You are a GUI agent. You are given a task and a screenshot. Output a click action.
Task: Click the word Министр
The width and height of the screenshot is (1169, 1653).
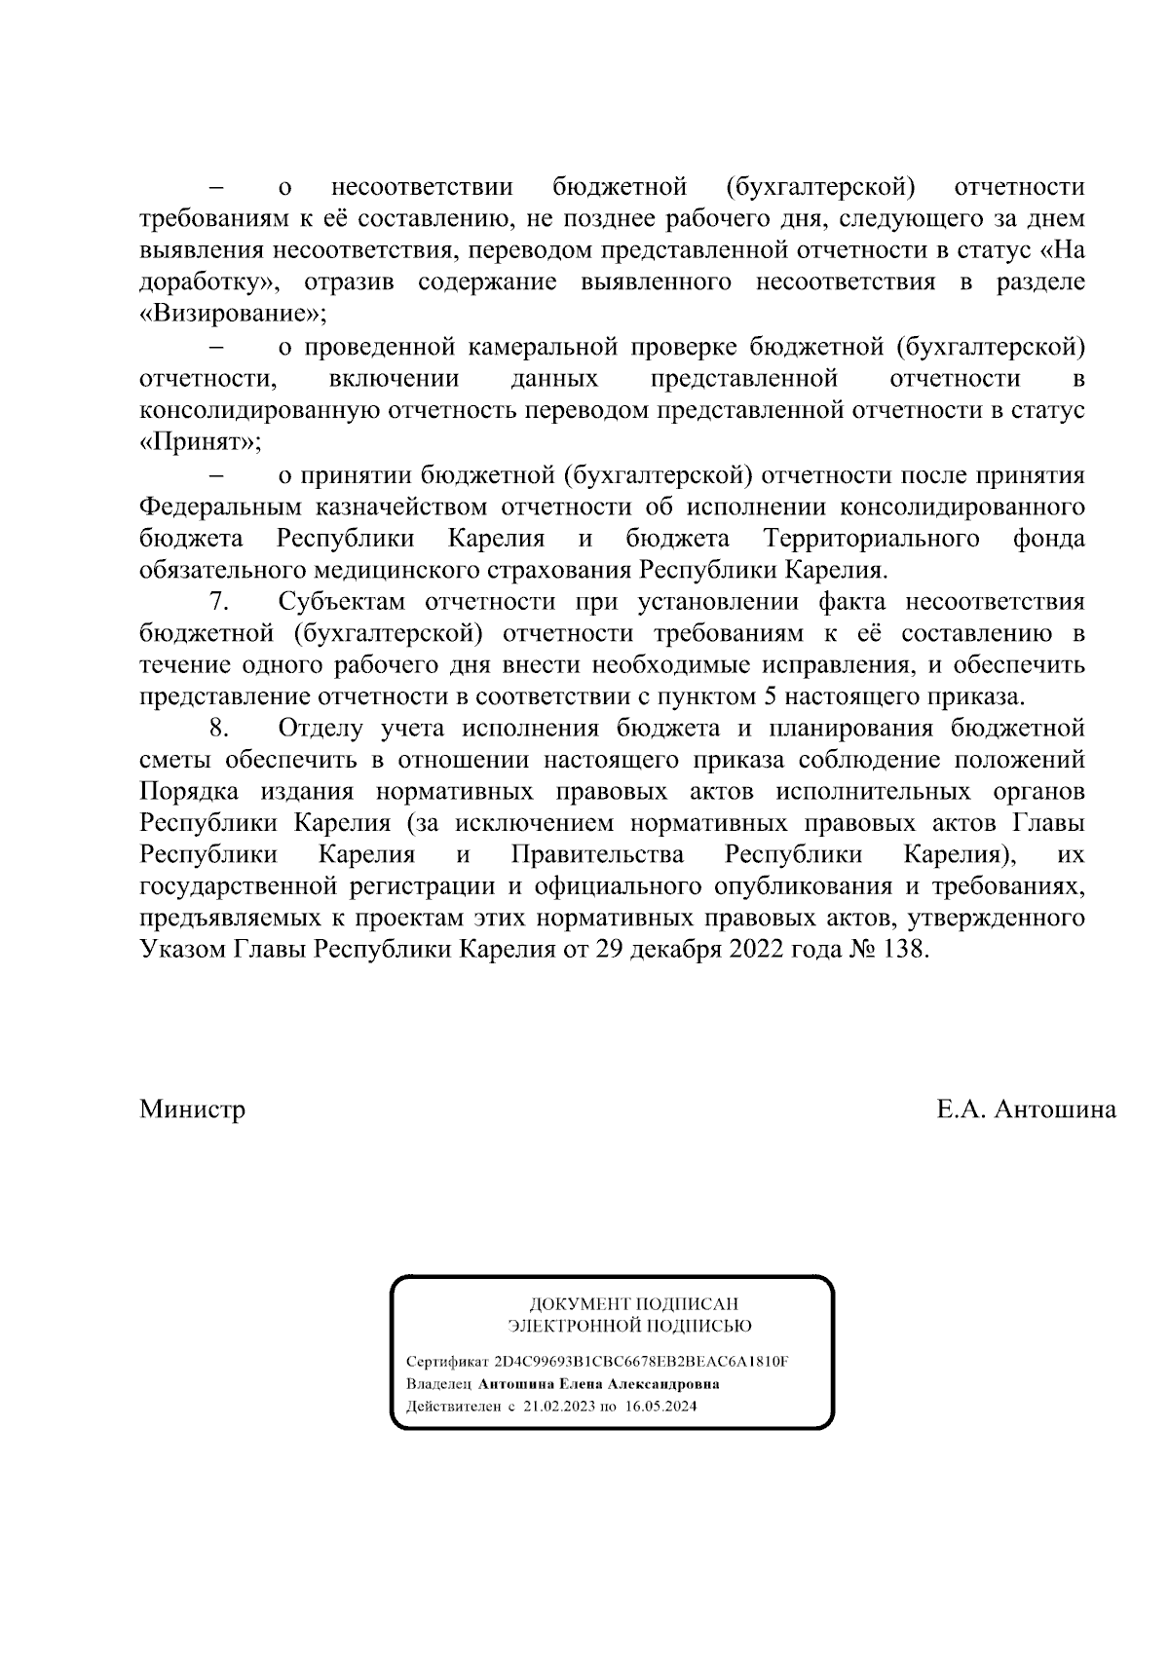(x=192, y=1109)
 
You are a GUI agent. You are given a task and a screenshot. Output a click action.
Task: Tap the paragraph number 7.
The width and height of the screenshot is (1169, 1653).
(x=218, y=602)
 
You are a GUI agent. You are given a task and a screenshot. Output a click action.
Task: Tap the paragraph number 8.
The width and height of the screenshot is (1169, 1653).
(x=218, y=729)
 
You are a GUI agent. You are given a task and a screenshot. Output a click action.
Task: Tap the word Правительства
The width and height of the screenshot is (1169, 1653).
(x=596, y=855)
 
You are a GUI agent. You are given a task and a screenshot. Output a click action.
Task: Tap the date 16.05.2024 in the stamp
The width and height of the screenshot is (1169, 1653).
(x=661, y=1407)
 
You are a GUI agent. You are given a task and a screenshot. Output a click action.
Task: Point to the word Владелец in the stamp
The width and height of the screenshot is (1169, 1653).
(x=438, y=1384)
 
